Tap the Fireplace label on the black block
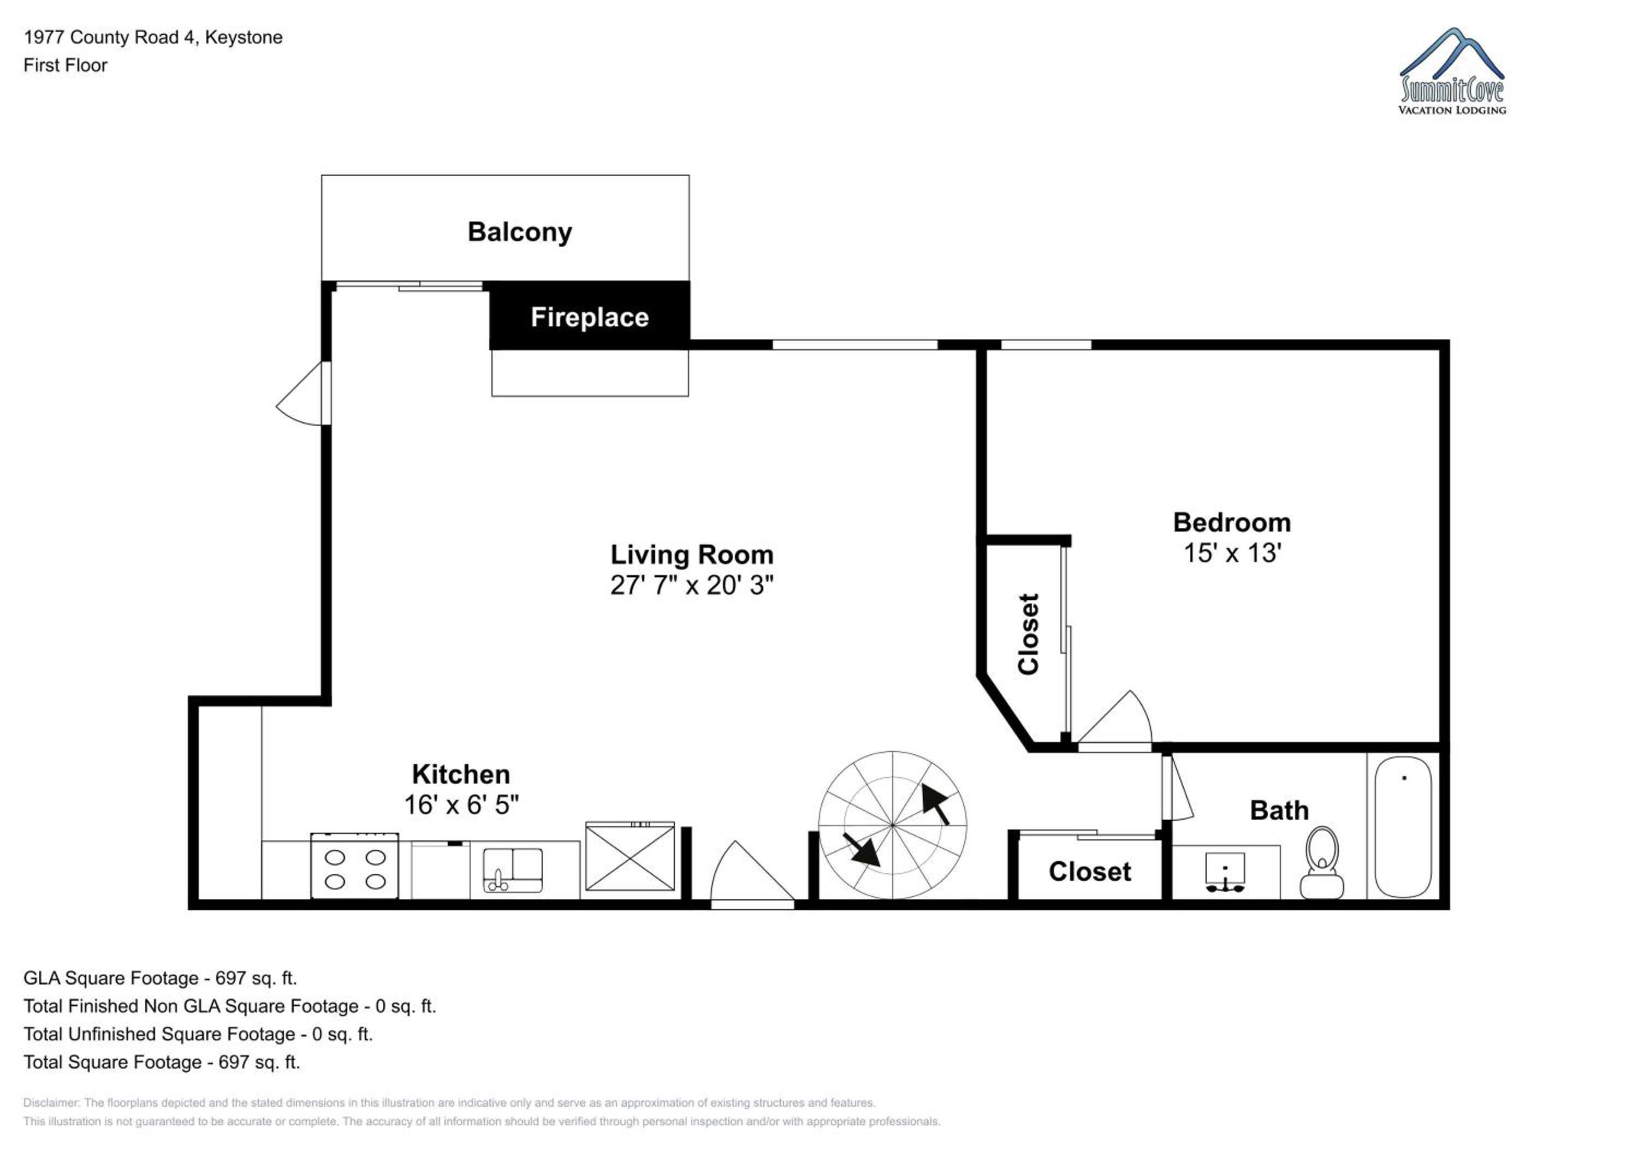tap(589, 317)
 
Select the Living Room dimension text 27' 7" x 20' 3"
tap(691, 586)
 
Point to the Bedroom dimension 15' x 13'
tap(1232, 553)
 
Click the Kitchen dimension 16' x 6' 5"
tap(461, 805)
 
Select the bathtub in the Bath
tap(1403, 826)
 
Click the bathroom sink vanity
tap(1226, 872)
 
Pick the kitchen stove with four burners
tap(354, 865)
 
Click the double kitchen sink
tap(513, 870)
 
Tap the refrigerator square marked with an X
tap(630, 856)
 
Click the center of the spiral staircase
tap(893, 825)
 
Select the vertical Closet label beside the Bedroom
tap(1028, 634)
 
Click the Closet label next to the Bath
tap(1089, 872)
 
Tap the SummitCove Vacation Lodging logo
tap(1452, 71)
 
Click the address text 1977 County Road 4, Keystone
tap(153, 38)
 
